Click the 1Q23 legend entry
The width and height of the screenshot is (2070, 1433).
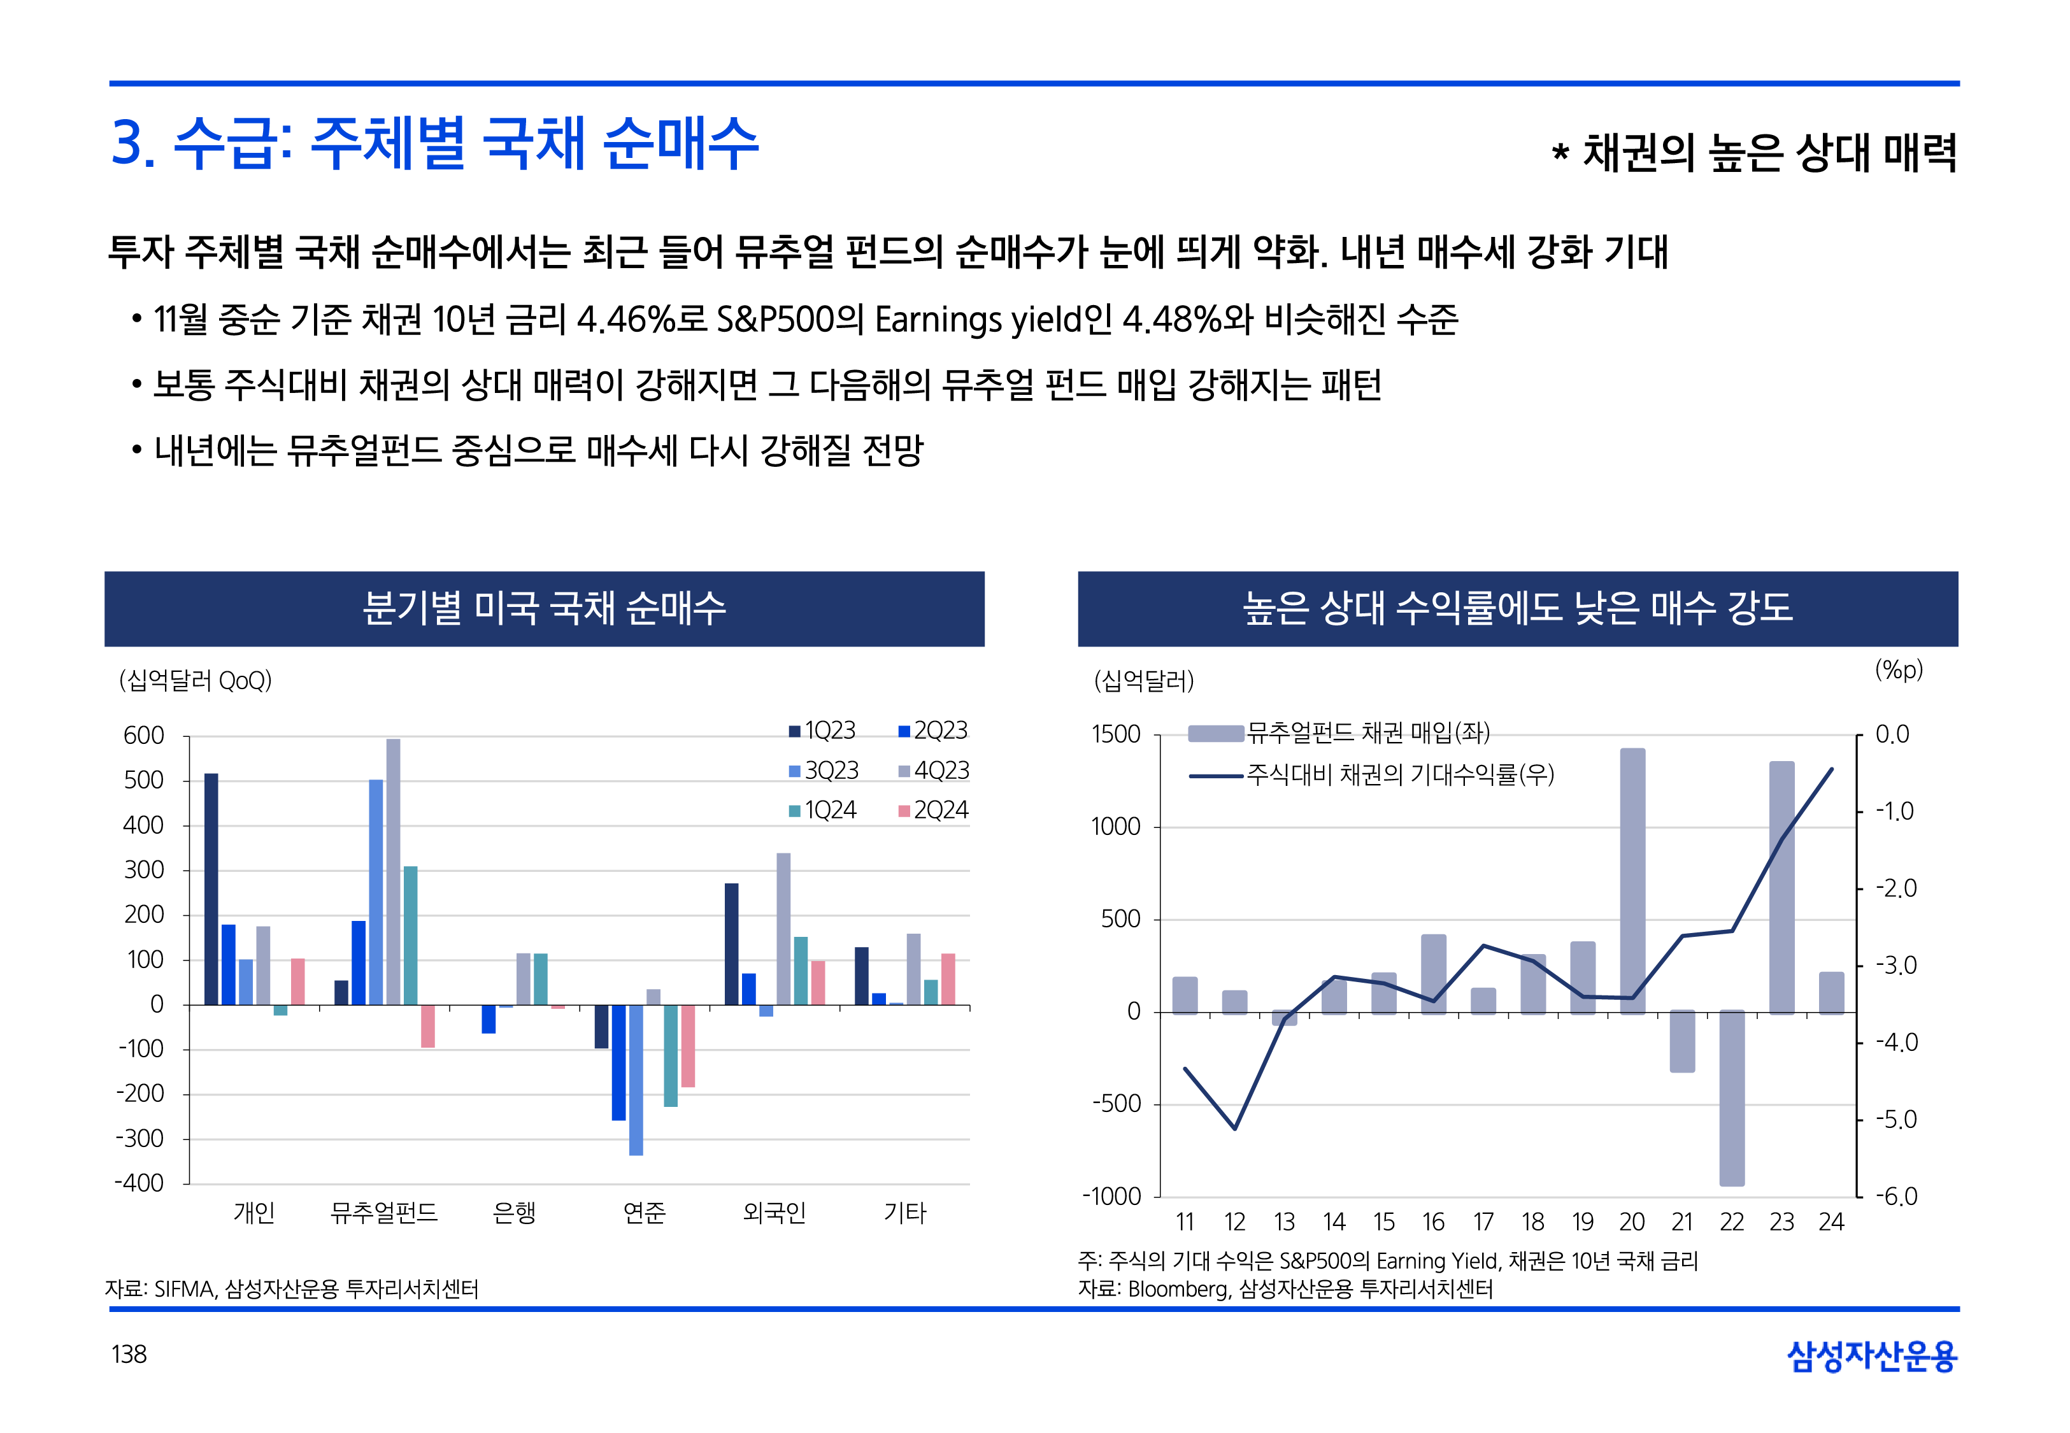822,731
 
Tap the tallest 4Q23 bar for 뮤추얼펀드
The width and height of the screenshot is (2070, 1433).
393,871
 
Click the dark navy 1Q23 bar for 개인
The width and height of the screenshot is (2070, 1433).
211,889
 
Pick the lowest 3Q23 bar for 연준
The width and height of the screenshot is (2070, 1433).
636,1080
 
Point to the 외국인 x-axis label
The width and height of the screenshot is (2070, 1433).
774,1213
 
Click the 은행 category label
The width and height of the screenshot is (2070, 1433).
515,1213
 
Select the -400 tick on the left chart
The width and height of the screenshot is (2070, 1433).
140,1183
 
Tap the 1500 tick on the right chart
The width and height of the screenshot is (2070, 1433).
1116,734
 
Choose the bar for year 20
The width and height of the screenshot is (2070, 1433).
1633,880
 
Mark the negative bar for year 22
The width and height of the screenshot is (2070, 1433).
1732,1097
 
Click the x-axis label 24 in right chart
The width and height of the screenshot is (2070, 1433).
1831,1222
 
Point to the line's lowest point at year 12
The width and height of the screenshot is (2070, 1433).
1235,1129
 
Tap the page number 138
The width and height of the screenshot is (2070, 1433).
129,1354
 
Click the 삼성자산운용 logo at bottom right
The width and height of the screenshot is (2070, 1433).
1872,1356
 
